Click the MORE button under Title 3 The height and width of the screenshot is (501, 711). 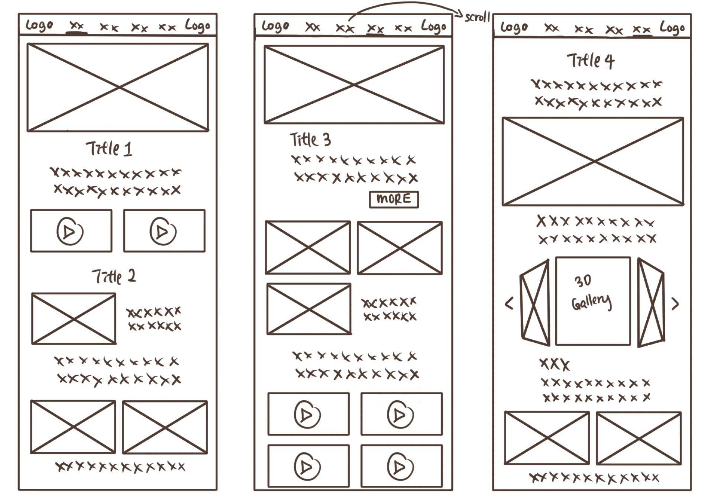[394, 199]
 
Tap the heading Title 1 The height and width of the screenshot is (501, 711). [109, 148]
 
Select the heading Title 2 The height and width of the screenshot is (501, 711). [114, 276]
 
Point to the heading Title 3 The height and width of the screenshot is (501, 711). [310, 140]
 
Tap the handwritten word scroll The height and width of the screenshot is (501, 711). [477, 17]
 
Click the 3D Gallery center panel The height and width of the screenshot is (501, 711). [593, 301]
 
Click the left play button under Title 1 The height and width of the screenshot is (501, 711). [70, 231]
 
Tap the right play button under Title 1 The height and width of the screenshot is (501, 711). [163, 231]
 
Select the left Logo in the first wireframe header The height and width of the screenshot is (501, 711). [39, 25]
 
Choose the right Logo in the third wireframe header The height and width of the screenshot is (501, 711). [672, 28]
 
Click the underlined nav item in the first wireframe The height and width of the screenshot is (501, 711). [77, 26]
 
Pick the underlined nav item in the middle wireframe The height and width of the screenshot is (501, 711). [375, 29]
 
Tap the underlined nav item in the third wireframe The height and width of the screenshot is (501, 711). [641, 29]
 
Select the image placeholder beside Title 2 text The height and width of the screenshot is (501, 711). [74, 319]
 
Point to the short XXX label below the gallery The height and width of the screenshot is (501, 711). [554, 365]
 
